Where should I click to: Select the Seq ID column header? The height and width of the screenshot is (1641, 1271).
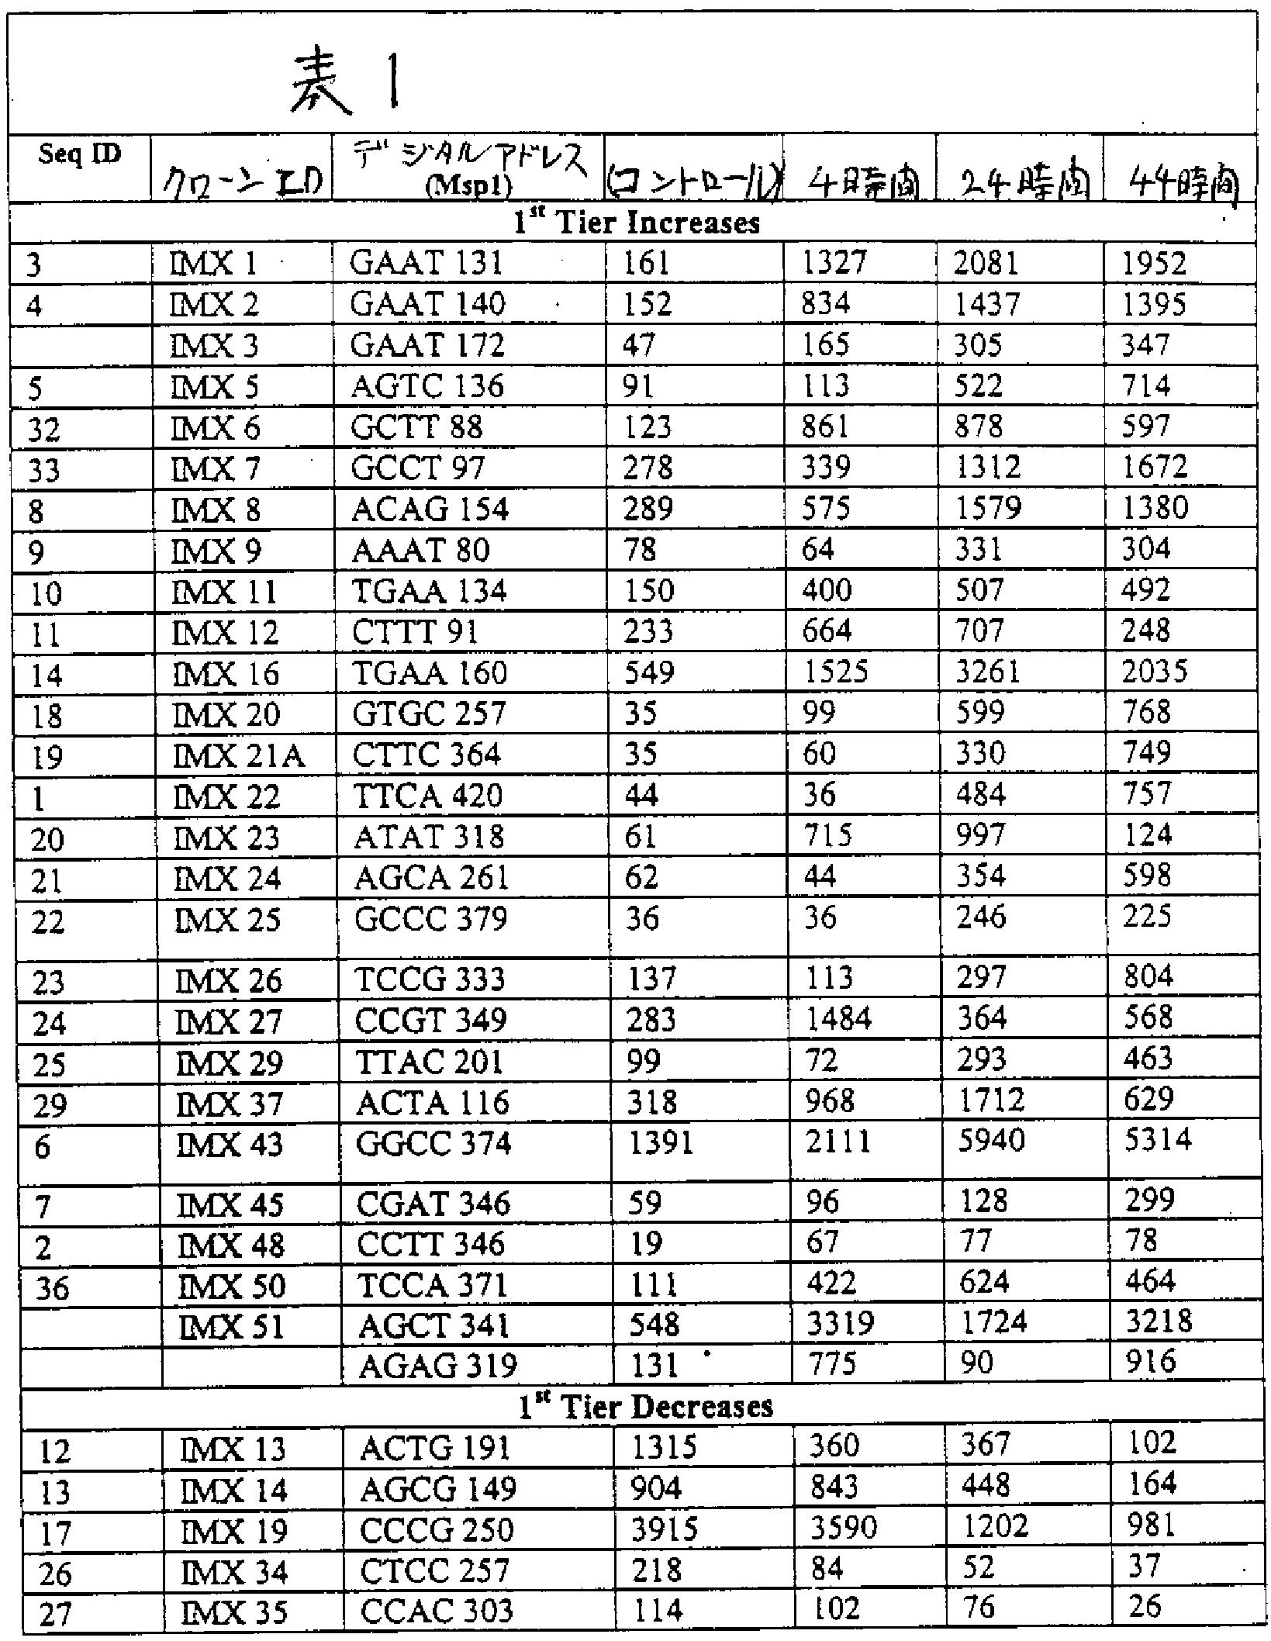point(80,154)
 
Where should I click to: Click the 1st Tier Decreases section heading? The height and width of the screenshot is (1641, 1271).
point(646,1406)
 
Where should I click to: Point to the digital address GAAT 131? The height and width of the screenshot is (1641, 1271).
point(427,264)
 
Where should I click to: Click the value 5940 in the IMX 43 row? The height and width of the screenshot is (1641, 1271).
point(991,1141)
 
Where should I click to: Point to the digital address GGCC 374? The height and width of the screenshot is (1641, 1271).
point(433,1144)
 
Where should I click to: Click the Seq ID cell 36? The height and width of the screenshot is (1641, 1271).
point(52,1289)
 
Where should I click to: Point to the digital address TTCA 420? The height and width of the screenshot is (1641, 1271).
point(427,796)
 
